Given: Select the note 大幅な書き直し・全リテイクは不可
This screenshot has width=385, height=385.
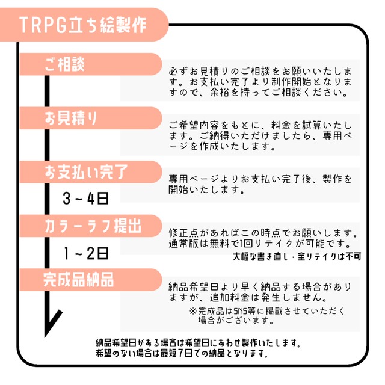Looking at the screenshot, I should [x=297, y=256].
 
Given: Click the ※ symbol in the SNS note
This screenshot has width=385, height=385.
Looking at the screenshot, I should [x=192, y=311].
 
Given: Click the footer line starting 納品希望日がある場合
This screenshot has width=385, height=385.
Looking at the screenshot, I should [x=198, y=343].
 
